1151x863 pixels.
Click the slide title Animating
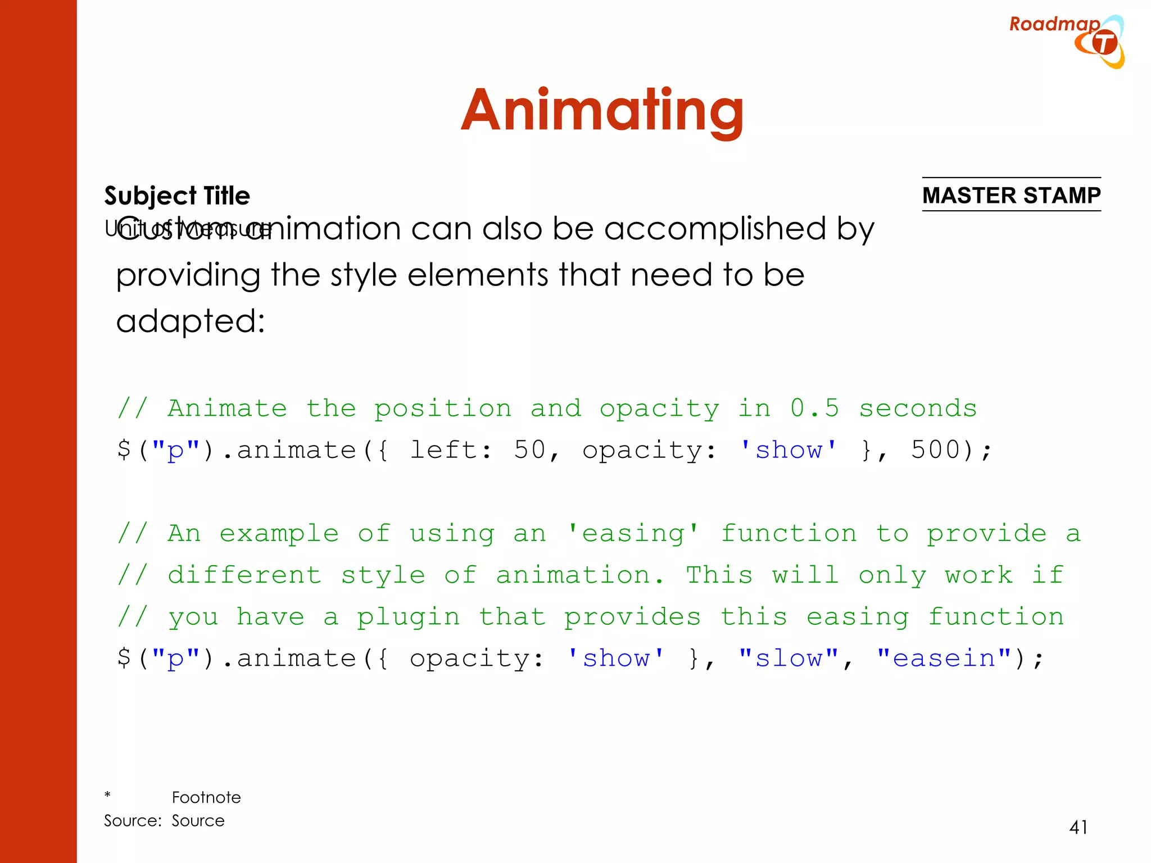[x=602, y=112]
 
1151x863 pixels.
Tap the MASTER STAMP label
[x=1011, y=196]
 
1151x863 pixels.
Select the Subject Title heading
[x=177, y=196]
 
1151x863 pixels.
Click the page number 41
[x=1078, y=828]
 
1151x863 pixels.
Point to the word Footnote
[x=206, y=797]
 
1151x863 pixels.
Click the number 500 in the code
[x=935, y=450]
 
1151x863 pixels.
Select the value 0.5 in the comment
[x=814, y=408]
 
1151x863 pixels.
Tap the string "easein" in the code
[x=944, y=658]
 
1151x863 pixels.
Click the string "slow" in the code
[x=789, y=658]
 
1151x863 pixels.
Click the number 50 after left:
[x=529, y=450]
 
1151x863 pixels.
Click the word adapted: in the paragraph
[x=191, y=321]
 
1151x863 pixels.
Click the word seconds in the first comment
[x=918, y=408]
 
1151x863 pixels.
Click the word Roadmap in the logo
[x=1054, y=24]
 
